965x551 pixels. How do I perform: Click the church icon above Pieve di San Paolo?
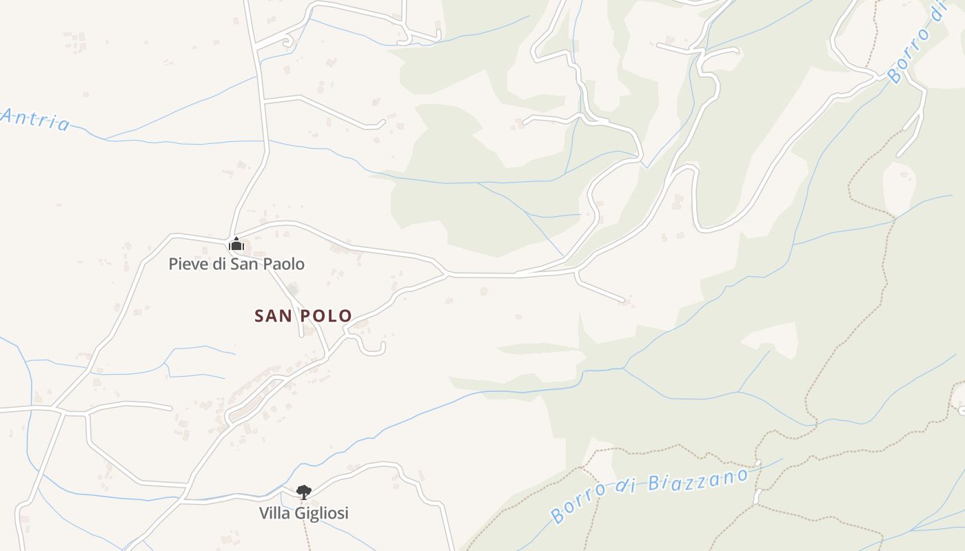click(x=236, y=245)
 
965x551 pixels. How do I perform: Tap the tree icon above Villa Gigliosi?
click(x=303, y=492)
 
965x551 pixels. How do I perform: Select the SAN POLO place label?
click(x=303, y=316)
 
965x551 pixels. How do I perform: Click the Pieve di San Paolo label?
click(x=236, y=264)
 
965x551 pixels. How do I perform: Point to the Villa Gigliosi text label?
click(x=303, y=513)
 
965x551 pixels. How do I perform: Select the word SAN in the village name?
click(x=272, y=316)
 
